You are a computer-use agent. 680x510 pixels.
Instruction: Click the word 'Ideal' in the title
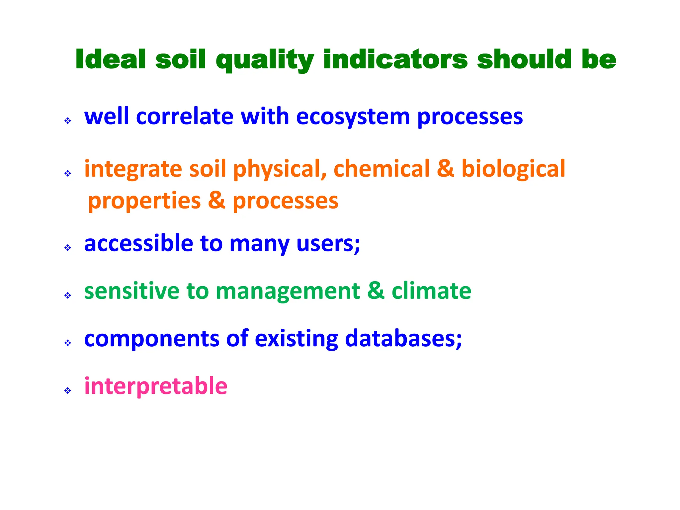(111, 60)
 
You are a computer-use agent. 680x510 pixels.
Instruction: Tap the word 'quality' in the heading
(265, 60)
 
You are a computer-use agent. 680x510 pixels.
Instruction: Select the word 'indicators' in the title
(395, 60)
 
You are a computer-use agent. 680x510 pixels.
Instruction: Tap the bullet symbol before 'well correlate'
(68, 121)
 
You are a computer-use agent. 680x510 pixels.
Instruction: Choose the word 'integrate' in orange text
(133, 169)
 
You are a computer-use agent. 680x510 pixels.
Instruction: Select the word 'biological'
(513, 169)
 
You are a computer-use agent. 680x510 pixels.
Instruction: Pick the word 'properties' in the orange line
(144, 201)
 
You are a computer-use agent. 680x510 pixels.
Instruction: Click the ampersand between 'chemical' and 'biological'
(445, 168)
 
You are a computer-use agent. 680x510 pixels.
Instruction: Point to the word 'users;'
(328, 244)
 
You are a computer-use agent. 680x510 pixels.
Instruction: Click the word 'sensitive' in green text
(131, 291)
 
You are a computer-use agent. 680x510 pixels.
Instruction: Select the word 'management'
(288, 292)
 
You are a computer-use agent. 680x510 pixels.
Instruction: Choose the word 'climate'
(431, 291)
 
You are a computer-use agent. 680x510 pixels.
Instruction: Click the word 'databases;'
(403, 339)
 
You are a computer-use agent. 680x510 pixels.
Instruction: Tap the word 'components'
(152, 339)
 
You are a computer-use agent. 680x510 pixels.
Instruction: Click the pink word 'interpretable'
(156, 386)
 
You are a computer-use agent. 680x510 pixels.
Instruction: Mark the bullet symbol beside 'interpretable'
(68, 390)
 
